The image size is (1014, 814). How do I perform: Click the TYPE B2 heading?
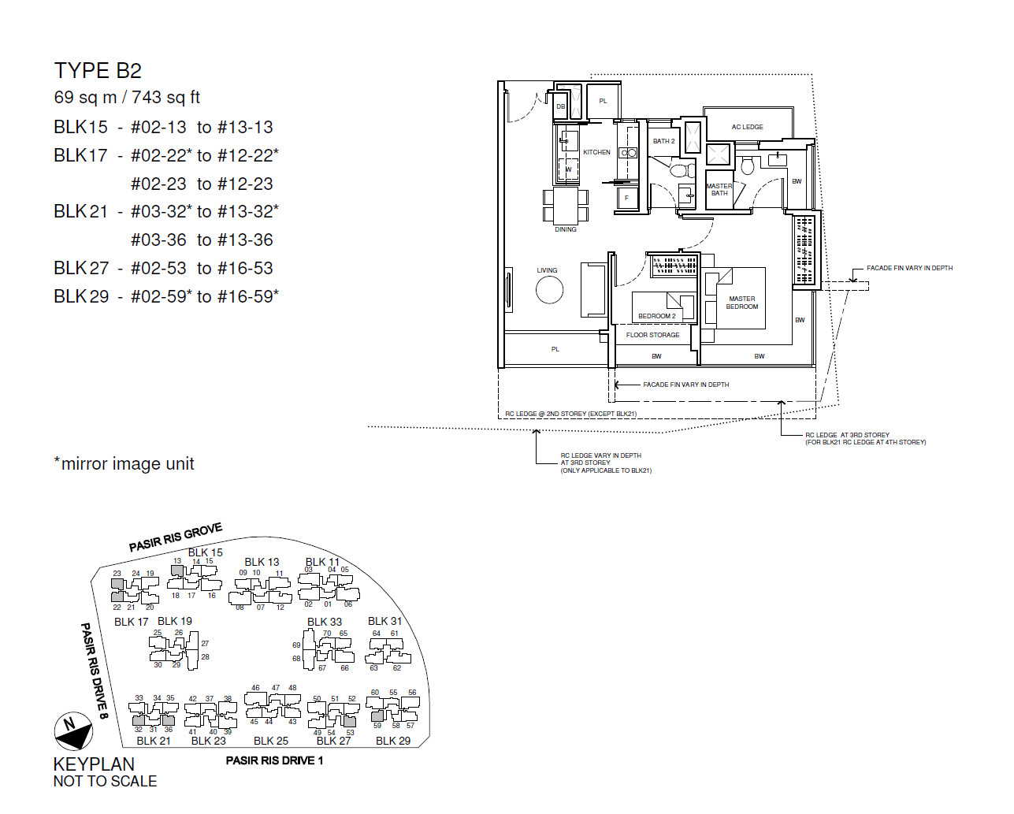[x=98, y=71]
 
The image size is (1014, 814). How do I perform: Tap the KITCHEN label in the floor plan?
[x=596, y=152]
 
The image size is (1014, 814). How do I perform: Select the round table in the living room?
[x=549, y=290]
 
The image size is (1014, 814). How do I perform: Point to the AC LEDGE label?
[x=747, y=127]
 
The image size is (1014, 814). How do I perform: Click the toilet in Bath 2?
[x=682, y=169]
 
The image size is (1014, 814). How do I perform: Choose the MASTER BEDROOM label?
[x=741, y=303]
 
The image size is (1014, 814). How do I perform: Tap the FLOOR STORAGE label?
[x=652, y=335]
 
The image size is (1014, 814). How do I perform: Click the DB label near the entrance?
[x=561, y=106]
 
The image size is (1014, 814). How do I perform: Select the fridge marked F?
[x=626, y=198]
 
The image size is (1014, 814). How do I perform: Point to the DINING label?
[x=566, y=229]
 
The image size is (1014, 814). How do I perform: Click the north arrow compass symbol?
[x=73, y=731]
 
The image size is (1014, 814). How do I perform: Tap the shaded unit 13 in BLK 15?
[x=177, y=571]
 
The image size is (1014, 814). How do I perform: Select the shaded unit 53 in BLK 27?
[x=349, y=721]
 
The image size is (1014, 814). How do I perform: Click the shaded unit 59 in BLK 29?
[x=377, y=717]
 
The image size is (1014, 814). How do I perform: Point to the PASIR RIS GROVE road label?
[x=175, y=537]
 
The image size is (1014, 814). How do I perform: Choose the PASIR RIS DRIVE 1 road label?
[x=274, y=760]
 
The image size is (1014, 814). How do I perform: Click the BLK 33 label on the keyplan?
[x=324, y=622]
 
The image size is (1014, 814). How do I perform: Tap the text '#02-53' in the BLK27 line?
[x=158, y=268]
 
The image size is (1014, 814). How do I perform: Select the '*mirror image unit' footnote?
[x=124, y=464]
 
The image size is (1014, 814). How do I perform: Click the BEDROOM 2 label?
[x=657, y=316]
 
